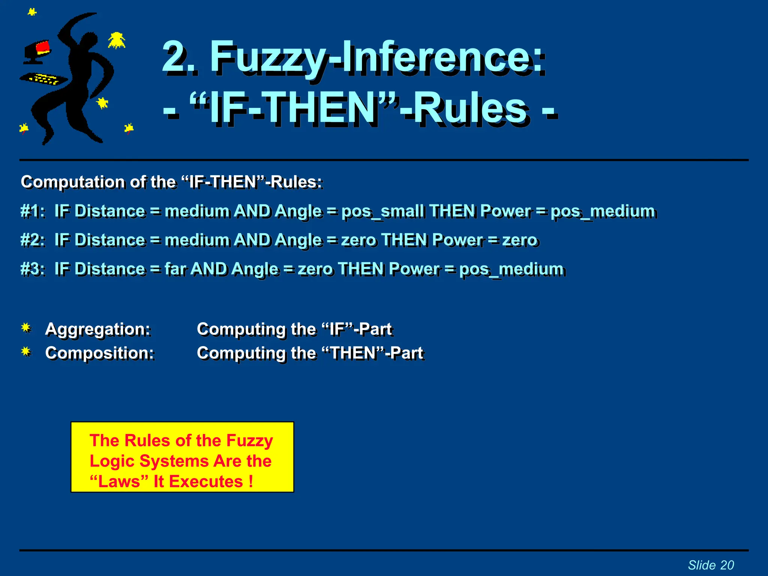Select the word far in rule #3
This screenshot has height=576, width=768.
[x=175, y=269]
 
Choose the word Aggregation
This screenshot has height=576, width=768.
[x=97, y=329]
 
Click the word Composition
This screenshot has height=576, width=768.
[x=99, y=353]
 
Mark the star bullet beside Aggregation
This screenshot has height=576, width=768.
[x=26, y=328]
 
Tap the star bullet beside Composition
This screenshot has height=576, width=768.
[x=26, y=352]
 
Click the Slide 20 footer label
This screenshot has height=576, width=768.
[x=711, y=565]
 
